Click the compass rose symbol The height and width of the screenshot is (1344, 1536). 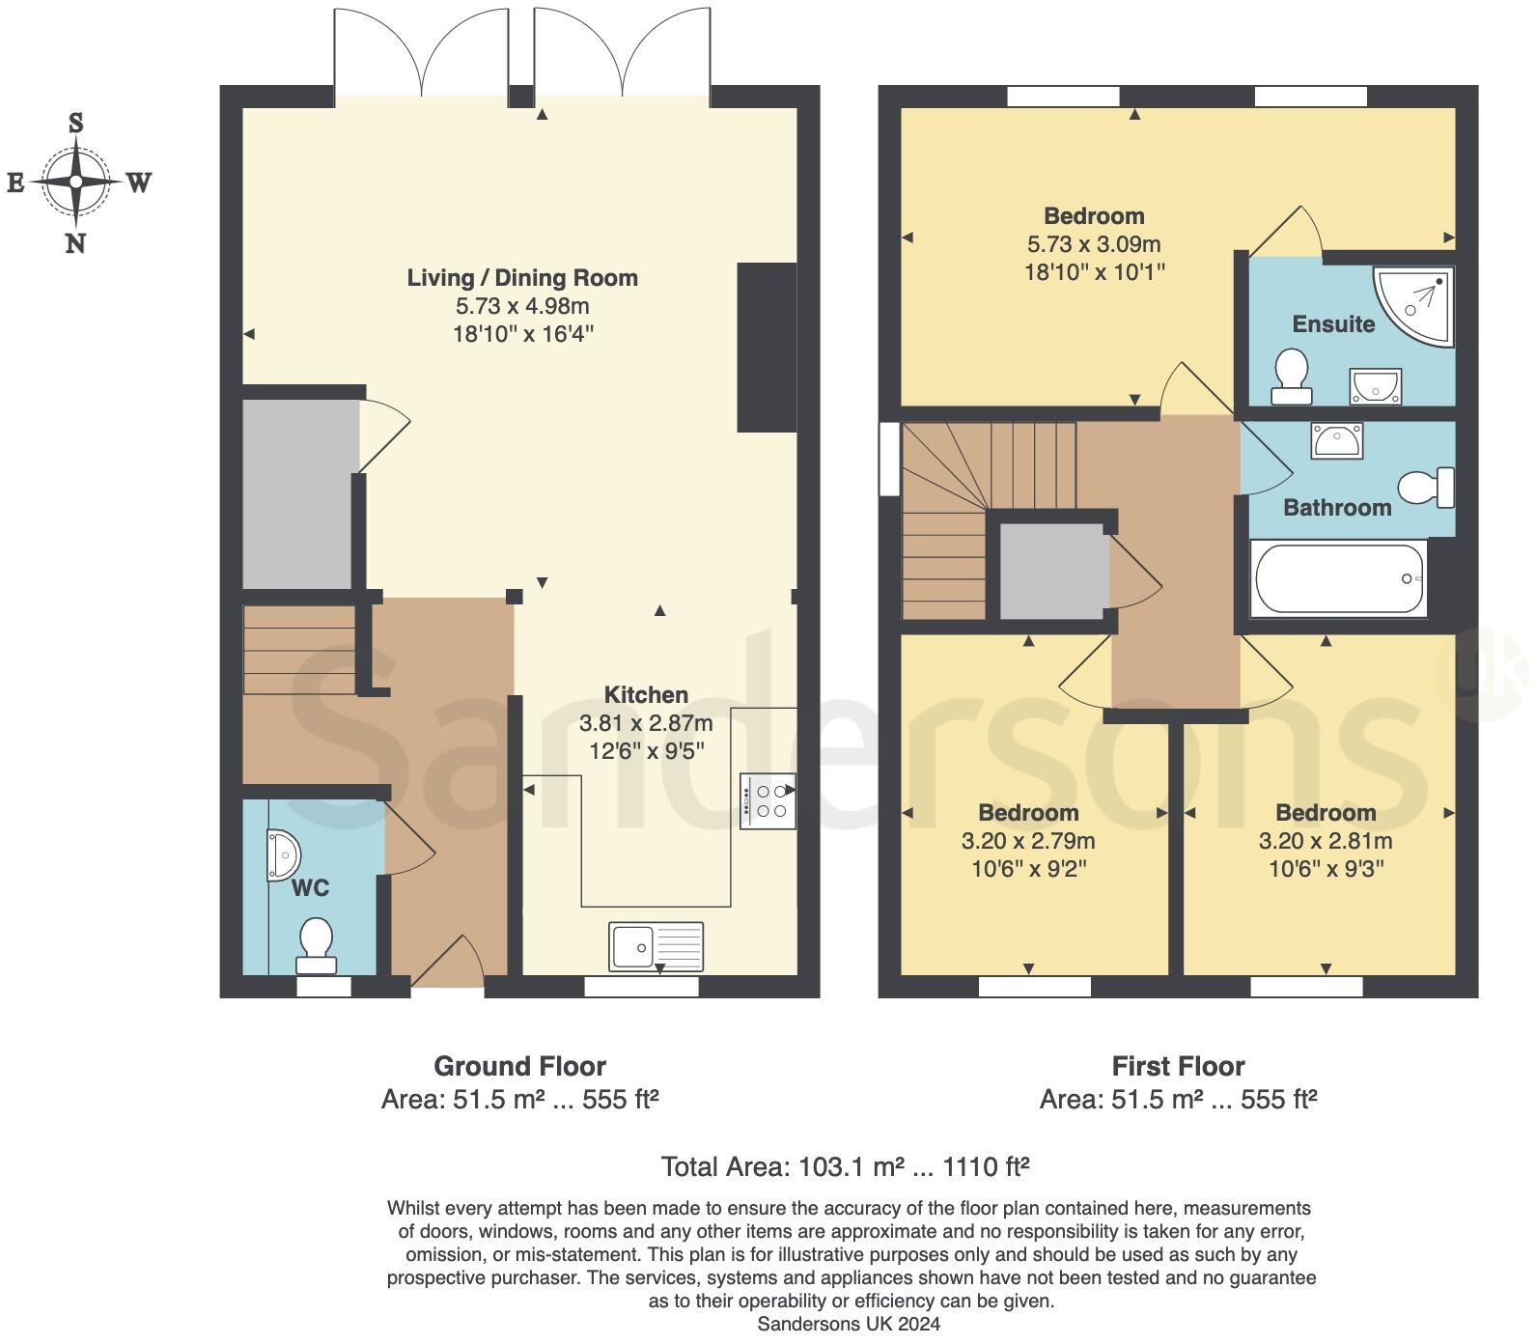tap(75, 182)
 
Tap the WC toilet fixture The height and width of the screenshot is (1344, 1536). tap(316, 944)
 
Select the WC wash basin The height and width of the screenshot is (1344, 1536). tap(284, 854)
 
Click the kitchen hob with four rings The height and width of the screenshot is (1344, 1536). tap(768, 801)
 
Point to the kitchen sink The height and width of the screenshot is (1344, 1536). tap(656, 945)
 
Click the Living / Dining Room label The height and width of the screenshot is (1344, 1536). tap(522, 278)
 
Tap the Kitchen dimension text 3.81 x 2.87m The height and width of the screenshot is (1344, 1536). tap(646, 722)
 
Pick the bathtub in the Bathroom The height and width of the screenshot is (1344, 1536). tap(1338, 578)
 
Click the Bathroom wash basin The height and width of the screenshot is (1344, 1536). tap(1336, 440)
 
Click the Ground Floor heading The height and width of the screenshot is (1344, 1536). tap(519, 1066)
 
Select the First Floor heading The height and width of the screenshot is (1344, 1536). tap(1178, 1066)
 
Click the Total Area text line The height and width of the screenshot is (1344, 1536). tap(845, 1166)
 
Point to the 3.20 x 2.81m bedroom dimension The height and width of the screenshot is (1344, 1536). tap(1326, 841)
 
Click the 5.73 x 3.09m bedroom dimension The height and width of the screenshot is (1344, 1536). tap(1094, 244)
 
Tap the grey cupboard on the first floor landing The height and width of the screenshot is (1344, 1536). tap(1052, 572)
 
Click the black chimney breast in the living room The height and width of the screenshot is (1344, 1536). tap(767, 347)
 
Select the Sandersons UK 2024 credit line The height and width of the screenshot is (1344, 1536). tap(849, 1324)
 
